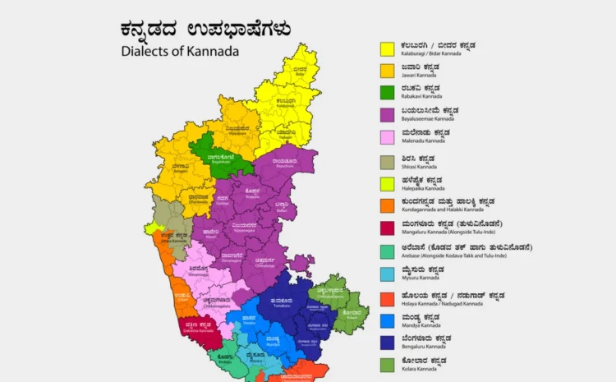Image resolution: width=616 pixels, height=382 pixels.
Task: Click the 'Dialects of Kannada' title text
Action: [180, 50]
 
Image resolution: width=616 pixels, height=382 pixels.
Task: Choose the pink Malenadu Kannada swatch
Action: [388, 136]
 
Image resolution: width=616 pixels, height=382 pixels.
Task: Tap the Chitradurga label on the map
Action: [263, 263]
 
